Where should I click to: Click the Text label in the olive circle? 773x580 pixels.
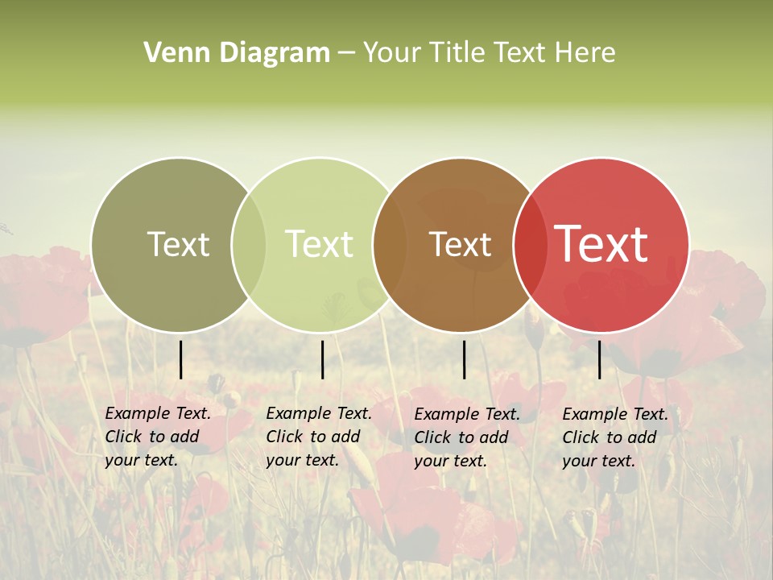(178, 244)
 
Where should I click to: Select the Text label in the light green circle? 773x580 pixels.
(319, 244)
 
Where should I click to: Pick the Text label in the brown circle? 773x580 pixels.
(460, 244)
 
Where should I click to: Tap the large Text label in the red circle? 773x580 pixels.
(601, 244)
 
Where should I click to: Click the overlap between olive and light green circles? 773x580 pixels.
(249, 245)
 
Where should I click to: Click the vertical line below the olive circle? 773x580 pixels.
(180, 359)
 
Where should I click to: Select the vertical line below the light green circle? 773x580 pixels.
(322, 359)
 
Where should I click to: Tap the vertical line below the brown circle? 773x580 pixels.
(464, 359)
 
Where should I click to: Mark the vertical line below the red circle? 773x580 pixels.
(599, 359)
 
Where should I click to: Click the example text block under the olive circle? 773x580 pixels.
(157, 437)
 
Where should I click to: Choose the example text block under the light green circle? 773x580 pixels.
(318, 437)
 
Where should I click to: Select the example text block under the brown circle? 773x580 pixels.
(466, 437)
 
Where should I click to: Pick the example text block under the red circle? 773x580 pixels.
(614, 437)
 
